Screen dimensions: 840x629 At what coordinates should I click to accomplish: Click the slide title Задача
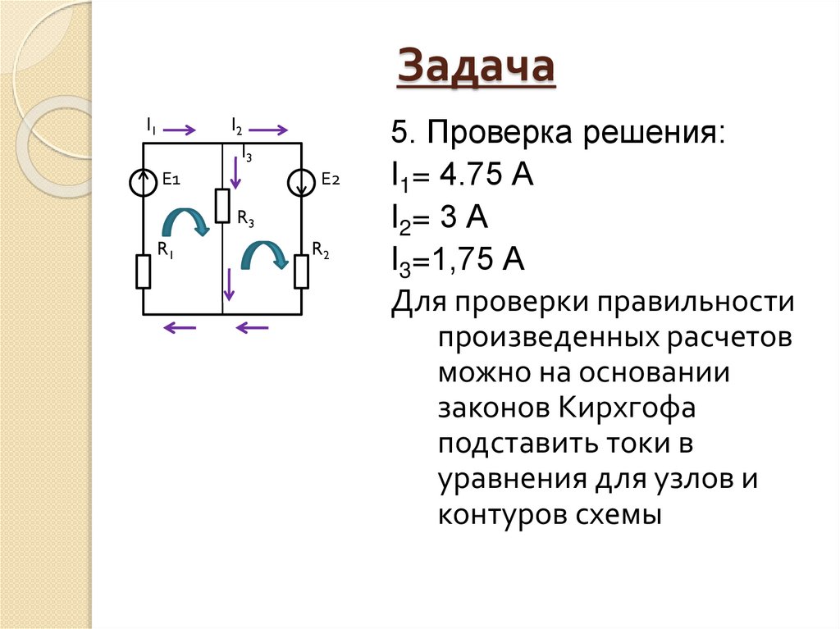coord(476,68)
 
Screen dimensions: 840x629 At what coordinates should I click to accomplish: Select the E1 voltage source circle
coord(144,182)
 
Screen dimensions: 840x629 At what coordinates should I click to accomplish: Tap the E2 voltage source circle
coord(302,182)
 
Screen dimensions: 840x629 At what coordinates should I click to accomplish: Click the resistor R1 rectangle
coord(144,271)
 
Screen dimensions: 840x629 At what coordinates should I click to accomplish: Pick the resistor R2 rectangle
coord(302,271)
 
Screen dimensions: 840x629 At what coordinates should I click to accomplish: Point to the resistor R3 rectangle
coord(222,205)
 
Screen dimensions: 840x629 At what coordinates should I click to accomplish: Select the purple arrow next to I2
coord(270,130)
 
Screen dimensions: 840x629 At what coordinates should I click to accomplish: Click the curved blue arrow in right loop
coord(264,254)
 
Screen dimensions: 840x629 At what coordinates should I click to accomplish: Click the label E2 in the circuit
coord(330,180)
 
